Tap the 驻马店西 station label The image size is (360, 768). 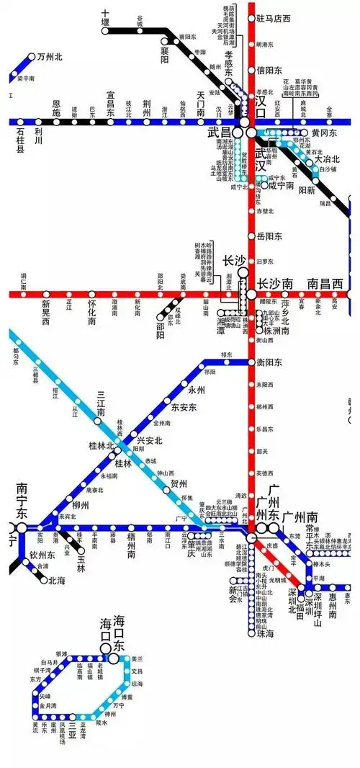pos(273,18)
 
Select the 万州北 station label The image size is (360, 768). pos(50,56)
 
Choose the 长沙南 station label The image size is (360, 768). pos(276,282)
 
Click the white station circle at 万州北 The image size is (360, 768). pos(32,56)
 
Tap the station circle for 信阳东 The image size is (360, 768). pos(251,70)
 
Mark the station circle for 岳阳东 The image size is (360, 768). pos(251,236)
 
